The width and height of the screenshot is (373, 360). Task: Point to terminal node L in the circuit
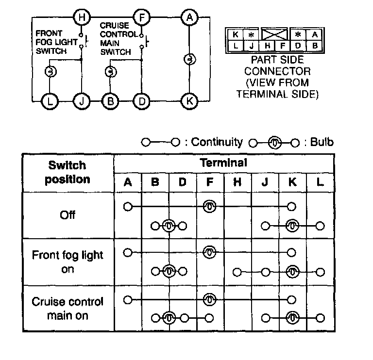click(x=50, y=101)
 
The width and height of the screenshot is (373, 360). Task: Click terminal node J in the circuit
click(x=81, y=101)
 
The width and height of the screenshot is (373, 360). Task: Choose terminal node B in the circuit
click(x=110, y=101)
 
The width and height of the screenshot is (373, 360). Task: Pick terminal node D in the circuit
click(x=141, y=101)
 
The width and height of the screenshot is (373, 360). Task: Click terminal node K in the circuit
click(x=188, y=101)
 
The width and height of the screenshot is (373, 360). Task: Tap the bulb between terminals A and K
click(x=188, y=59)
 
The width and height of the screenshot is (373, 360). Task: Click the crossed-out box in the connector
click(x=274, y=34)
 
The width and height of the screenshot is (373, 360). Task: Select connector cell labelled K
click(x=235, y=34)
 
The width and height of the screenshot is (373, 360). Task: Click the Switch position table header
click(x=68, y=172)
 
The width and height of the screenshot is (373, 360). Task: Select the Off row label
click(x=68, y=214)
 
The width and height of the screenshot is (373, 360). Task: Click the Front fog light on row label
click(x=68, y=262)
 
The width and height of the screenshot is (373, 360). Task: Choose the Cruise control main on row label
click(x=68, y=309)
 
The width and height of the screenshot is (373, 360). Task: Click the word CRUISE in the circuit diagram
click(x=114, y=25)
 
